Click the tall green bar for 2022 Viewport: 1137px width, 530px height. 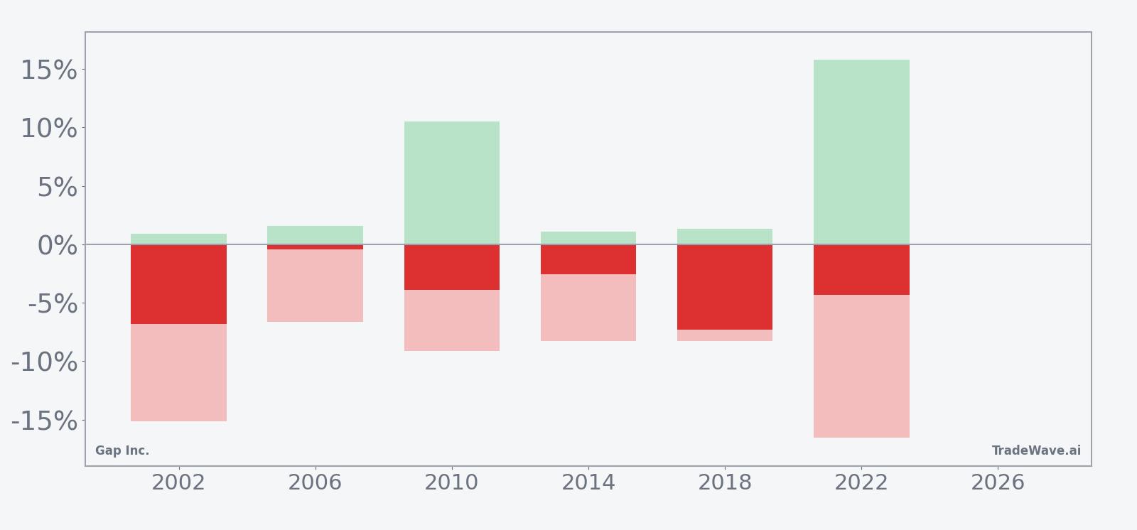[x=861, y=152]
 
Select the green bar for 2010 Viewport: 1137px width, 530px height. [x=452, y=183]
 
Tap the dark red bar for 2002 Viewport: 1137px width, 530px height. [x=178, y=284]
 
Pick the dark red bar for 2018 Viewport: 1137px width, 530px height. [x=725, y=287]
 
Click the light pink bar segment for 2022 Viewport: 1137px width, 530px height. [x=861, y=366]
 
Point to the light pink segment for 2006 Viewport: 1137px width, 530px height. [x=315, y=286]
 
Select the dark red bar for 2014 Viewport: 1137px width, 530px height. [x=588, y=259]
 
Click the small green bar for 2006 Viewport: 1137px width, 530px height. [x=315, y=234]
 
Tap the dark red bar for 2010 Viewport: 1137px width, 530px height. [x=452, y=267]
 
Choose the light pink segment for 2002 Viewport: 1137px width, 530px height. [x=178, y=372]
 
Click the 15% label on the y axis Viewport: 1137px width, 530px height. [x=48, y=70]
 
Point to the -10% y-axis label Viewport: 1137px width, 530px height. [x=44, y=362]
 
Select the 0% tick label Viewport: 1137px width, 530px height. [x=57, y=246]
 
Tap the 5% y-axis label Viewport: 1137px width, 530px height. [x=57, y=188]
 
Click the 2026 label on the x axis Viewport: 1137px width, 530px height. [x=998, y=483]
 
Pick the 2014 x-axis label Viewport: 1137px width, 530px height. [x=588, y=483]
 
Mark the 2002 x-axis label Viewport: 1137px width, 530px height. [x=178, y=483]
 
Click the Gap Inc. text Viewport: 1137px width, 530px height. [x=122, y=450]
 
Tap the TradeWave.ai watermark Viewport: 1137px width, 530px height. [x=1036, y=450]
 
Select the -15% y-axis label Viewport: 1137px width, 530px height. [x=44, y=421]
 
